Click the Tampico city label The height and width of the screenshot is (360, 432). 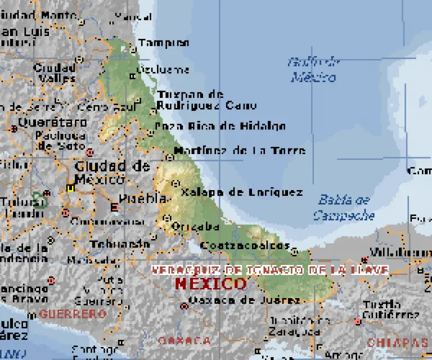coord(164,43)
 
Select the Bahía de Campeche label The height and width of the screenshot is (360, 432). coord(343,207)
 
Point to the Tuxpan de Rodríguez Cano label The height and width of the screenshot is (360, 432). coord(206,100)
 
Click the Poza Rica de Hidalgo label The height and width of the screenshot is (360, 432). coord(220,126)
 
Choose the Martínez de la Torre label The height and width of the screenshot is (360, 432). coord(240,151)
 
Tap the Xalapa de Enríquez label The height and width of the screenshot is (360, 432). coord(242,192)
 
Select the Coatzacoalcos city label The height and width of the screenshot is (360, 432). coord(245,246)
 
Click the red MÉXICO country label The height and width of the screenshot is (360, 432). coord(210,283)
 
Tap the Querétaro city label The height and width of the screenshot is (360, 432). coord(52,122)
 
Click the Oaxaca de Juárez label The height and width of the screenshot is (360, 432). coord(244,300)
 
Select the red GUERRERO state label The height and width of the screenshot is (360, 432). coord(73,313)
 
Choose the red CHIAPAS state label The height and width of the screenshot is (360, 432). coord(397,342)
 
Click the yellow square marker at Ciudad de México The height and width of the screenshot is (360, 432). coord(70,188)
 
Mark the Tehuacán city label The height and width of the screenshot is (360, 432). coord(116,244)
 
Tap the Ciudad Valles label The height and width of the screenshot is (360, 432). coord(55,73)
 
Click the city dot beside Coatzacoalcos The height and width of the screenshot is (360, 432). coord(294,251)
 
